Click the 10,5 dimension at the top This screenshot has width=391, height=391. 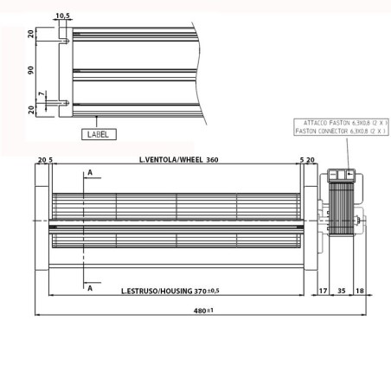[61, 16]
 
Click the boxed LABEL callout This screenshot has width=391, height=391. [97, 135]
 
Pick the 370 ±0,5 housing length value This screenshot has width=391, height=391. [204, 292]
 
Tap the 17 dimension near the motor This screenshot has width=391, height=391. [323, 292]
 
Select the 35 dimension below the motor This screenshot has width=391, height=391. [341, 292]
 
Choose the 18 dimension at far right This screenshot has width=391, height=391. [360, 292]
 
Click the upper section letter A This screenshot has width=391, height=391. [88, 174]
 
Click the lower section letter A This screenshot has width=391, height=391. [88, 289]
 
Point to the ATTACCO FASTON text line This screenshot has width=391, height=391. [341, 124]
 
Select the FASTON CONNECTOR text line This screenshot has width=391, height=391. [341, 132]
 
